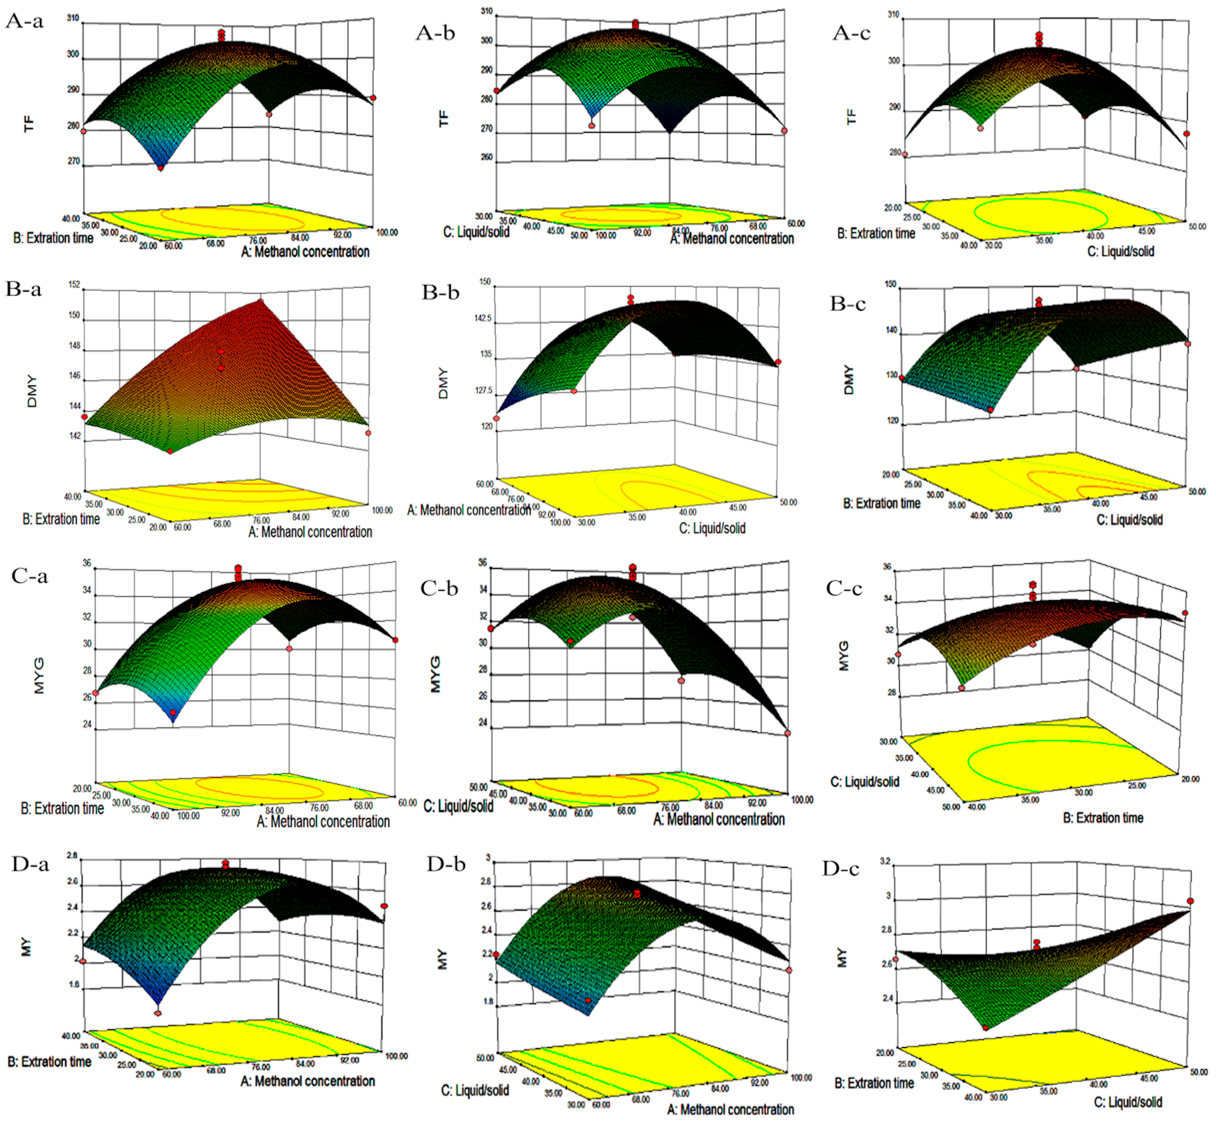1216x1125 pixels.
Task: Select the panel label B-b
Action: [440, 292]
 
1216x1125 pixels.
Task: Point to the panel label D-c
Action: [840, 869]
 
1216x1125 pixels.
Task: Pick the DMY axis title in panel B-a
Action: [32, 391]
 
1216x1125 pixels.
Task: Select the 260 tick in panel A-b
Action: [487, 157]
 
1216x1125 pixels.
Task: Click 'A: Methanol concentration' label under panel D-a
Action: [307, 1081]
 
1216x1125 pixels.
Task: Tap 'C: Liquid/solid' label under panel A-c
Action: [1120, 251]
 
